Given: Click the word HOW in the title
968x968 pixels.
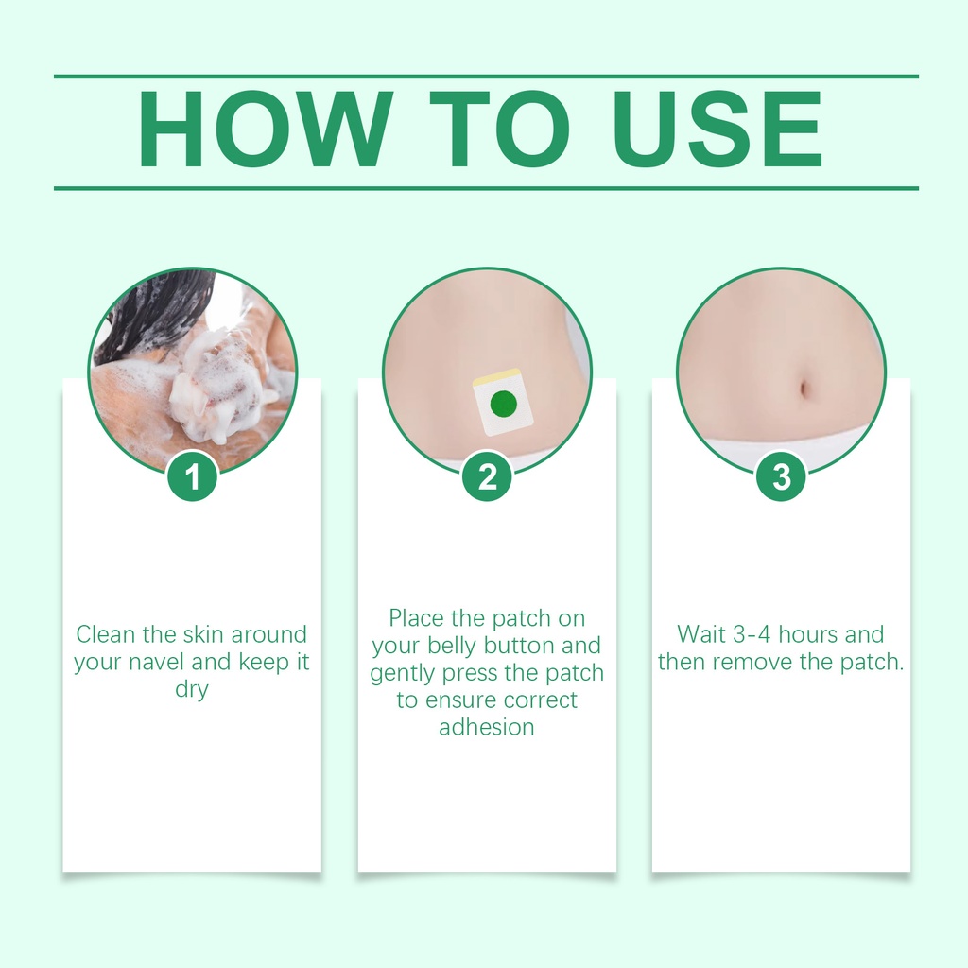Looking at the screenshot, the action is point(265,129).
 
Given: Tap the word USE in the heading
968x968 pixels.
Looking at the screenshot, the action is point(717,129).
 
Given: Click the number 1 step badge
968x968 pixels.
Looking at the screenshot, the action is point(193,476).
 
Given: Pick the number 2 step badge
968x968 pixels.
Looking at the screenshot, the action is point(487,476).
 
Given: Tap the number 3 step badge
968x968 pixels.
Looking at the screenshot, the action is point(782,476).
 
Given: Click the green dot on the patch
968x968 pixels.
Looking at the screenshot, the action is point(503,405).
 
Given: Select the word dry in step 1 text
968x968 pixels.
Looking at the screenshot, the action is point(192,690).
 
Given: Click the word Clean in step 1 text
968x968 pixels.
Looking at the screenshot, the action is point(106,634).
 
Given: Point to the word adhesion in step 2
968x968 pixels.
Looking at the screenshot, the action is point(487,727).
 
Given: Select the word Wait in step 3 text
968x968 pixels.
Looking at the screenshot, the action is point(701,634).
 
